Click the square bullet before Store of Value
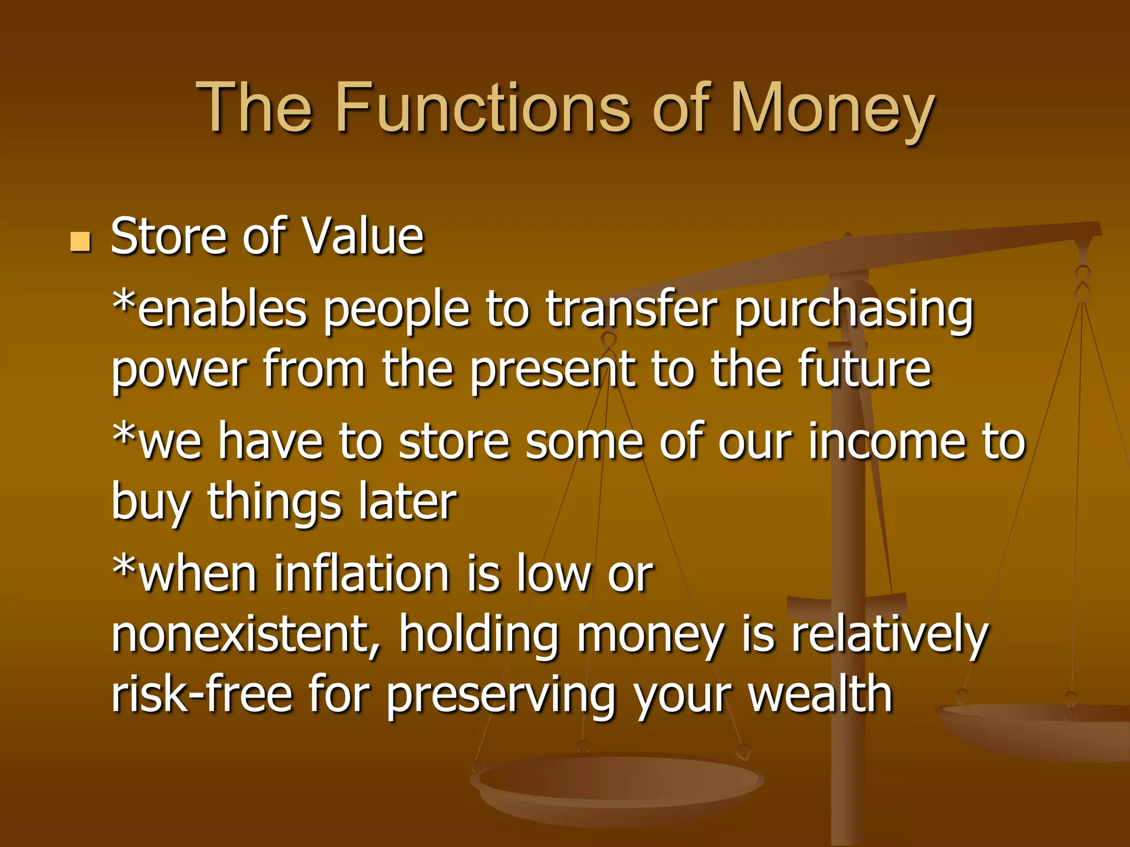tap(81, 242)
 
